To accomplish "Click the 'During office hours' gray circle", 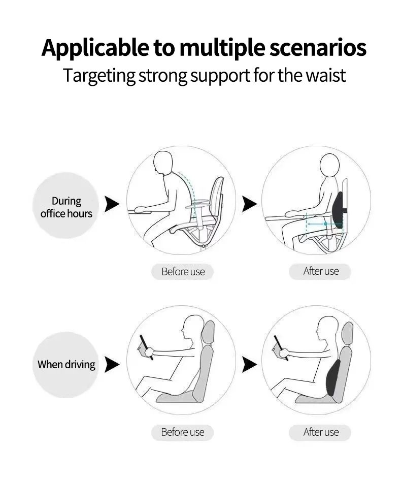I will tap(66, 206).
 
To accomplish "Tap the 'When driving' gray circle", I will tap(66, 364).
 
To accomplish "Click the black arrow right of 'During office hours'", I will tap(112, 204).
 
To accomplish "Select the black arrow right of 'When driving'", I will tap(112, 364).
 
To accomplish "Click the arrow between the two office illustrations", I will tap(249, 204).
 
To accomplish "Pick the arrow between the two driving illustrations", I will tap(249, 364).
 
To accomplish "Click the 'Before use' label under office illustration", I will tap(183, 272).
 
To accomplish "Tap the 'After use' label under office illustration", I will tap(320, 271).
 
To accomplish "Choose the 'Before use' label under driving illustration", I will tap(182, 432).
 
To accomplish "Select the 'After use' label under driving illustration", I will tap(320, 432).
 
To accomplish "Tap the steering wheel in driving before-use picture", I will tap(146, 347).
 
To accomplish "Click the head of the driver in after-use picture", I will tap(326, 327).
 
